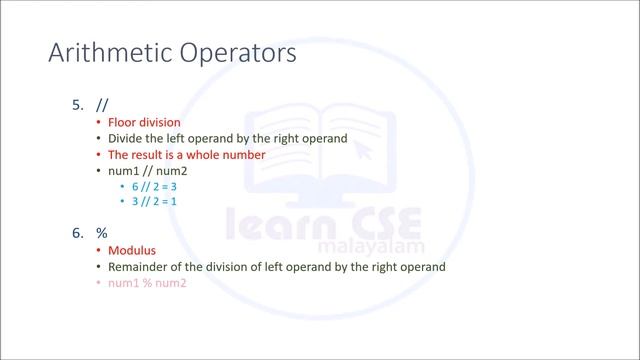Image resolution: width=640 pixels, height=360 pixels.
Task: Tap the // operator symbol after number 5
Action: pyautogui.click(x=102, y=104)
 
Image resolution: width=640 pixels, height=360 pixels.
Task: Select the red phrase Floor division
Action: pyautogui.click(x=144, y=122)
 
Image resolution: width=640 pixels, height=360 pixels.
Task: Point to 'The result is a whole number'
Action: pyautogui.click(x=186, y=155)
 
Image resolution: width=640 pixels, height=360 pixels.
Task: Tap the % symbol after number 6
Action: pyautogui.click(x=102, y=233)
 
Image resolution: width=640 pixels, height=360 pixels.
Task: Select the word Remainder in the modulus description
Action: pyautogui.click(x=141, y=267)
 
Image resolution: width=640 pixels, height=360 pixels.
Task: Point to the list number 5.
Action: pyautogui.click(x=77, y=104)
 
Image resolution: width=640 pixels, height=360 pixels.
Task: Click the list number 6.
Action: pyautogui.click(x=77, y=233)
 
